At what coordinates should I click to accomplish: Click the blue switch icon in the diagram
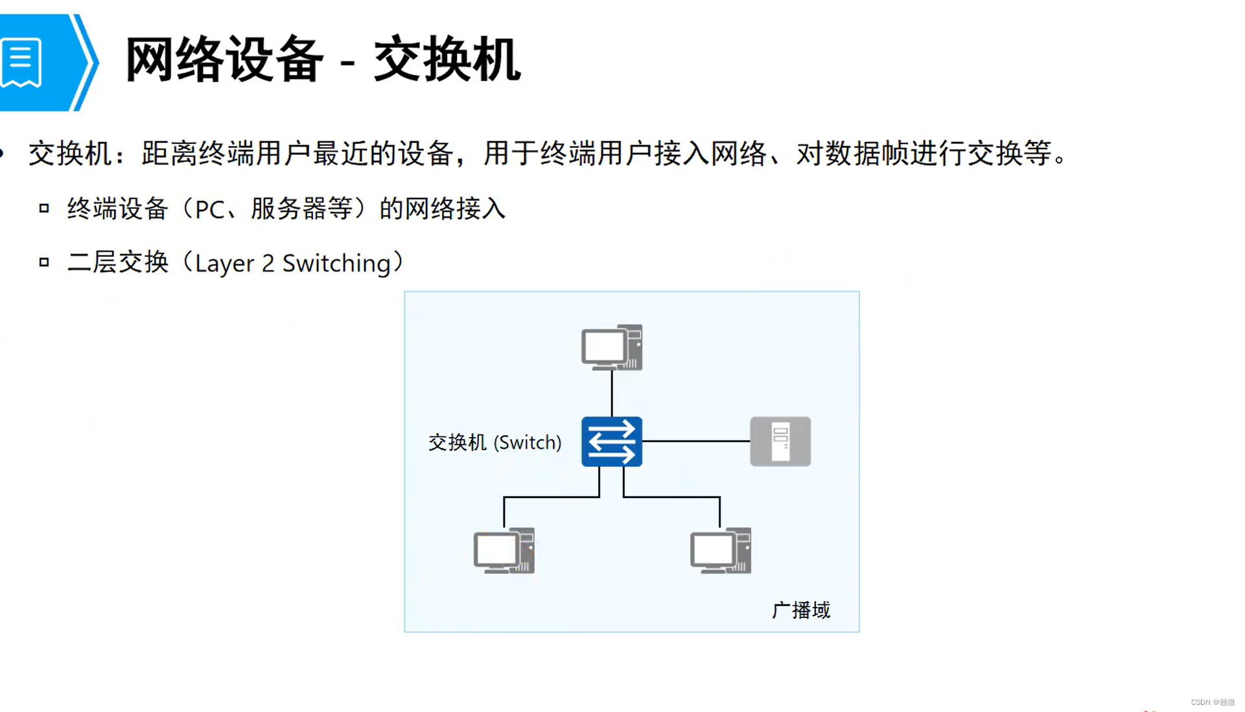611,442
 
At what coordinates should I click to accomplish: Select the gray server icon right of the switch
780,442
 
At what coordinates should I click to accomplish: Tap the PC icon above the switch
611,348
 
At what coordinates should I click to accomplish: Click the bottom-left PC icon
504,551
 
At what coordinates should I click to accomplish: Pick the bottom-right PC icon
720,551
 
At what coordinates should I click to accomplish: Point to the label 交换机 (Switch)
495,442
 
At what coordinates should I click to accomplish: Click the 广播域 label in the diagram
800,610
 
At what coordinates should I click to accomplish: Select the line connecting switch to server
695,441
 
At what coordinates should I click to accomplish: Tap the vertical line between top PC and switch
611,394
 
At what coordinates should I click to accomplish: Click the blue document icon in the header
21,62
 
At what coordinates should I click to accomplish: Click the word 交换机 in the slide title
447,60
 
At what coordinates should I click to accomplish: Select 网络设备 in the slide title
224,60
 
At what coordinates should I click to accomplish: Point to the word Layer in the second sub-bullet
224,264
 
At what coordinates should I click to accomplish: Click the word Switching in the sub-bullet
336,264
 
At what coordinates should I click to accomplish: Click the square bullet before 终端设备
44,208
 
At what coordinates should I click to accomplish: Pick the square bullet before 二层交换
44,262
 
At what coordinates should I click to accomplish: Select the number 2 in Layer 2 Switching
268,264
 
